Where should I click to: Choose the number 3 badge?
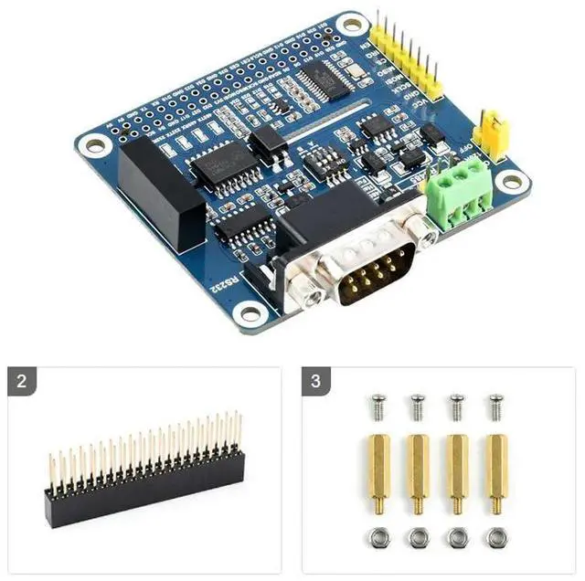point(315,381)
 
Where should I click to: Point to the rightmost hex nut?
point(495,537)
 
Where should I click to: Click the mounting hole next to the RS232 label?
point(247,312)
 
